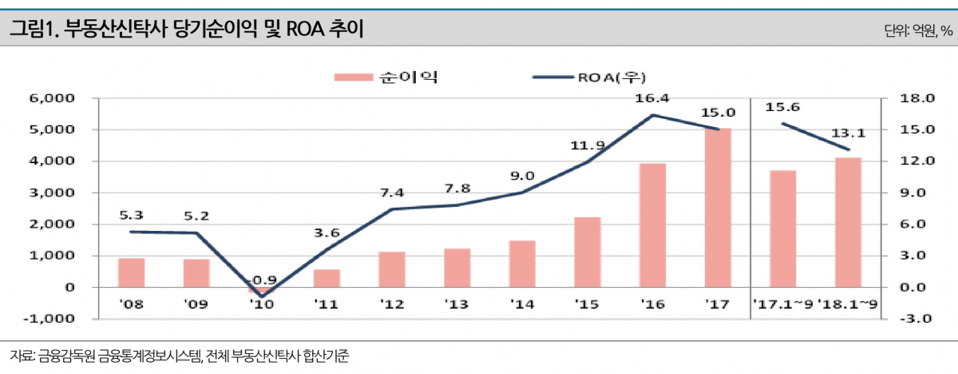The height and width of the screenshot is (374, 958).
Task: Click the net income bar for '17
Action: click(718, 207)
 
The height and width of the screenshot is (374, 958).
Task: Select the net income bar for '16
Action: click(652, 225)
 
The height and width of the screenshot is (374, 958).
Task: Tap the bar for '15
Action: click(588, 252)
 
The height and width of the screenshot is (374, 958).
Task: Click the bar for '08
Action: click(131, 273)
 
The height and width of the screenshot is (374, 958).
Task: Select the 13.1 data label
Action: click(849, 133)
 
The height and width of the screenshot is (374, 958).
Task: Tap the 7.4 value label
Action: click(392, 193)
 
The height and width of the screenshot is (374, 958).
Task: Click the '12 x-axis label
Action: click(392, 304)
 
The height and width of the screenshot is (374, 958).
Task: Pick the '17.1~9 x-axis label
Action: click(782, 304)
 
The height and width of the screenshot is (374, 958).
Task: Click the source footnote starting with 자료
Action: click(180, 354)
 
